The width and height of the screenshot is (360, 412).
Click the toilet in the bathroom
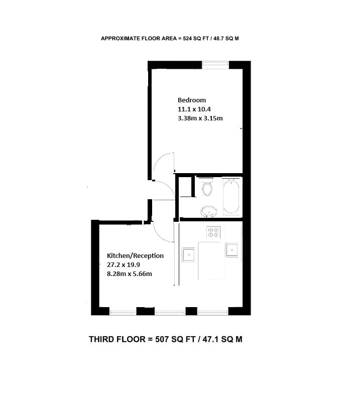207,187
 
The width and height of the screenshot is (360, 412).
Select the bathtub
231,196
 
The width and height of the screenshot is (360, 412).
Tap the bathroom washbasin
209,211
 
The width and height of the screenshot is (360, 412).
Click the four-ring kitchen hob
213,232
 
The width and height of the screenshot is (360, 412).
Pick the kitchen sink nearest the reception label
189,254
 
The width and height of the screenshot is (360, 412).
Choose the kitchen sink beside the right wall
231,250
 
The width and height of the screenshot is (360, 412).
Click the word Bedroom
192,100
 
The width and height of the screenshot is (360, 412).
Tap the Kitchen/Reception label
135,255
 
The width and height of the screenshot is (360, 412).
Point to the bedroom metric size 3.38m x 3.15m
200,118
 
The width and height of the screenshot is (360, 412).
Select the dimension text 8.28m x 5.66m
130,274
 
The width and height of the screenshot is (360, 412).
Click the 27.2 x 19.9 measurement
124,264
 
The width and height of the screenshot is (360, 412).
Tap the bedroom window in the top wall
215,65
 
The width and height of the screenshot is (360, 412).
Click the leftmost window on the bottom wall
123,313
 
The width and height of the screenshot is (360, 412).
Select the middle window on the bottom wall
170,313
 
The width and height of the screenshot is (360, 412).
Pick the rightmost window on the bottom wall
213,313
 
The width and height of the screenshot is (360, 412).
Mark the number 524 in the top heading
187,38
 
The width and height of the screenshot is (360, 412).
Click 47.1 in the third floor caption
211,339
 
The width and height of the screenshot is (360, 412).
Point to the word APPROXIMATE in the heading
121,38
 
